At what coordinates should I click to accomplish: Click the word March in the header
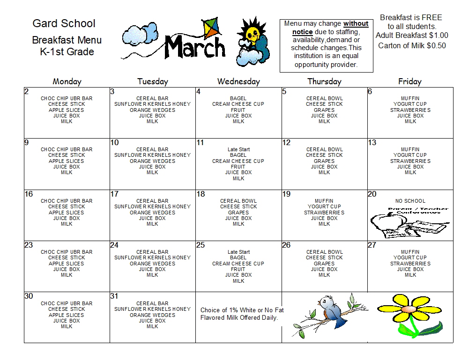pyautogui.click(x=195, y=46)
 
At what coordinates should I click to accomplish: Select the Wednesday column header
pyautogui.click(x=238, y=81)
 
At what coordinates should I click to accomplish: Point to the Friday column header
pyautogui.click(x=410, y=81)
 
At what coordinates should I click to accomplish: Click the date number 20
pyautogui.click(x=372, y=194)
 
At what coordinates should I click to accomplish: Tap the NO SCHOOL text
pyautogui.click(x=410, y=201)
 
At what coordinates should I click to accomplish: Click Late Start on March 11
pyautogui.click(x=238, y=149)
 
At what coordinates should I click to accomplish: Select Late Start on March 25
pyautogui.click(x=238, y=252)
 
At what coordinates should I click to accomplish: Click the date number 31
pyautogui.click(x=114, y=296)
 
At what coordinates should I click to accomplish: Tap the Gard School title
pyautogui.click(x=64, y=23)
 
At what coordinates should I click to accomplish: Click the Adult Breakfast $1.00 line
pyautogui.click(x=412, y=36)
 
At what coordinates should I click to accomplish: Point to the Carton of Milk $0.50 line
pyautogui.click(x=412, y=46)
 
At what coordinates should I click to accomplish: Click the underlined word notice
pyautogui.click(x=302, y=32)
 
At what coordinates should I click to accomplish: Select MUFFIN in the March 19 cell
pyautogui.click(x=324, y=201)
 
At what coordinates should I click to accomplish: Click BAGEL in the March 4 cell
pyautogui.click(x=238, y=98)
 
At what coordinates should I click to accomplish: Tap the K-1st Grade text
pyautogui.click(x=67, y=52)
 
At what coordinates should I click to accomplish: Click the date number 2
pyautogui.click(x=27, y=92)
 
